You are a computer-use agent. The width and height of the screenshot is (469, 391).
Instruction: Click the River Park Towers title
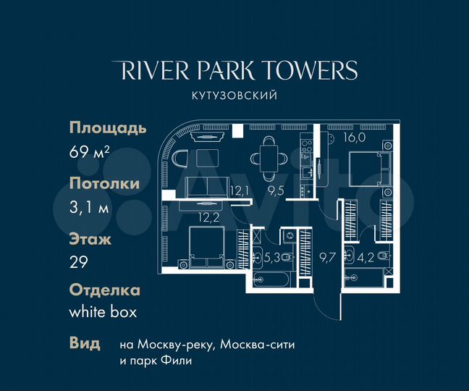click(x=235, y=70)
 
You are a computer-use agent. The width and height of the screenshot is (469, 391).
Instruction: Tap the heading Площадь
click(x=108, y=128)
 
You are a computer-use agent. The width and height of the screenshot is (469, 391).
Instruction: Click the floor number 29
click(x=80, y=263)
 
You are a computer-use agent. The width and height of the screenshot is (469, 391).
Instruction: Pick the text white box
click(x=103, y=313)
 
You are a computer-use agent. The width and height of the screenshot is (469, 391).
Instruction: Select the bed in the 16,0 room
click(x=366, y=169)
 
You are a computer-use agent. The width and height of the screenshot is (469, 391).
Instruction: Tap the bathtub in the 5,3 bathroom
click(x=271, y=281)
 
